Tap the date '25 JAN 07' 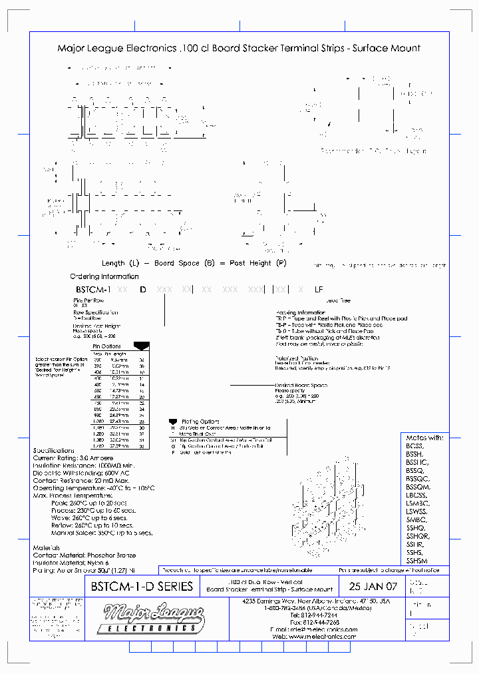(x=373, y=587)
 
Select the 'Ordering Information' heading (x=104, y=276)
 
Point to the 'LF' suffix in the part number (x=319, y=290)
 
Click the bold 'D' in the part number (x=142, y=290)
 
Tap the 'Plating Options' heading (x=200, y=422)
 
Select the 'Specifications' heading (x=54, y=451)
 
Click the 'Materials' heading (x=47, y=548)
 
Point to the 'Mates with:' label (x=424, y=438)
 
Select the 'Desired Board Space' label (x=301, y=386)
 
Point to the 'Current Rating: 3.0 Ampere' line (x=73, y=458)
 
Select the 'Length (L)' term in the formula (x=121, y=263)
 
